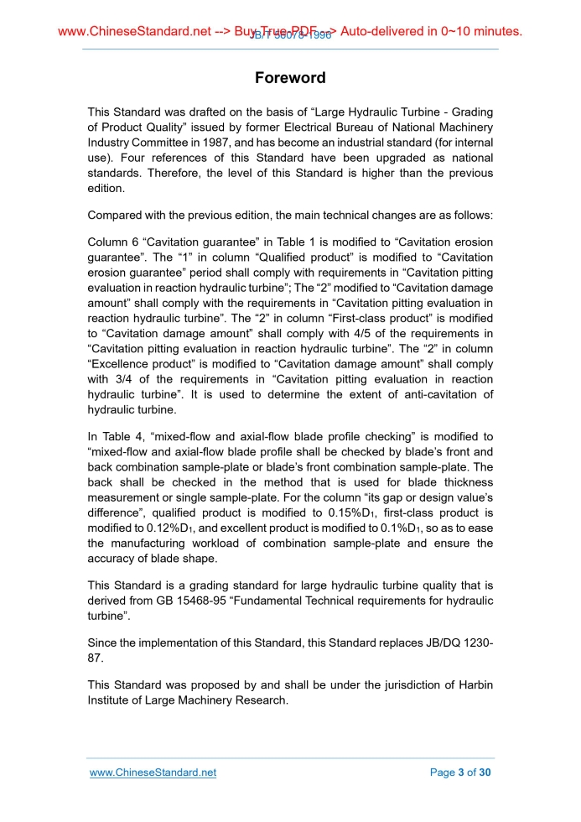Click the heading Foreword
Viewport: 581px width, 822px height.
pos(290,78)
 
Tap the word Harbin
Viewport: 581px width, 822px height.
pos(474,684)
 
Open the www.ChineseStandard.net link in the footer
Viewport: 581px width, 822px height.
pos(153,773)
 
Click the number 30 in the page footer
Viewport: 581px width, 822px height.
pos(484,773)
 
